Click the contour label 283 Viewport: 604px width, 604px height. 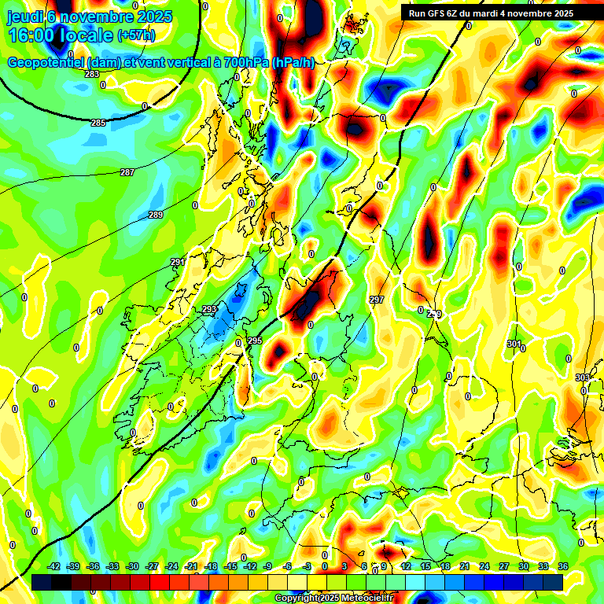point(92,74)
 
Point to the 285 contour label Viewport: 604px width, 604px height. point(98,123)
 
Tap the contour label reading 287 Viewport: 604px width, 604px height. point(127,172)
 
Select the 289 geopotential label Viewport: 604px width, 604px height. point(156,215)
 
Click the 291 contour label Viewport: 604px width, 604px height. point(179,262)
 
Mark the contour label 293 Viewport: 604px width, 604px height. point(209,309)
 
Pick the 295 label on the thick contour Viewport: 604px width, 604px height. point(254,340)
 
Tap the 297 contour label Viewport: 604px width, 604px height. point(377,300)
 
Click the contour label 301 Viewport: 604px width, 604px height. point(514,344)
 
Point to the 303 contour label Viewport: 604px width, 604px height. point(582,377)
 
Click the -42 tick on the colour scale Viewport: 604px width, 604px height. point(54,565)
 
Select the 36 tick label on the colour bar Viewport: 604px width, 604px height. point(563,565)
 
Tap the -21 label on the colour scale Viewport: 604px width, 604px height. point(191,565)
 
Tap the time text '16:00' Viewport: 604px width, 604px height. point(31,35)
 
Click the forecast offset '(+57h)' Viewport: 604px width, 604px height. point(135,35)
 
